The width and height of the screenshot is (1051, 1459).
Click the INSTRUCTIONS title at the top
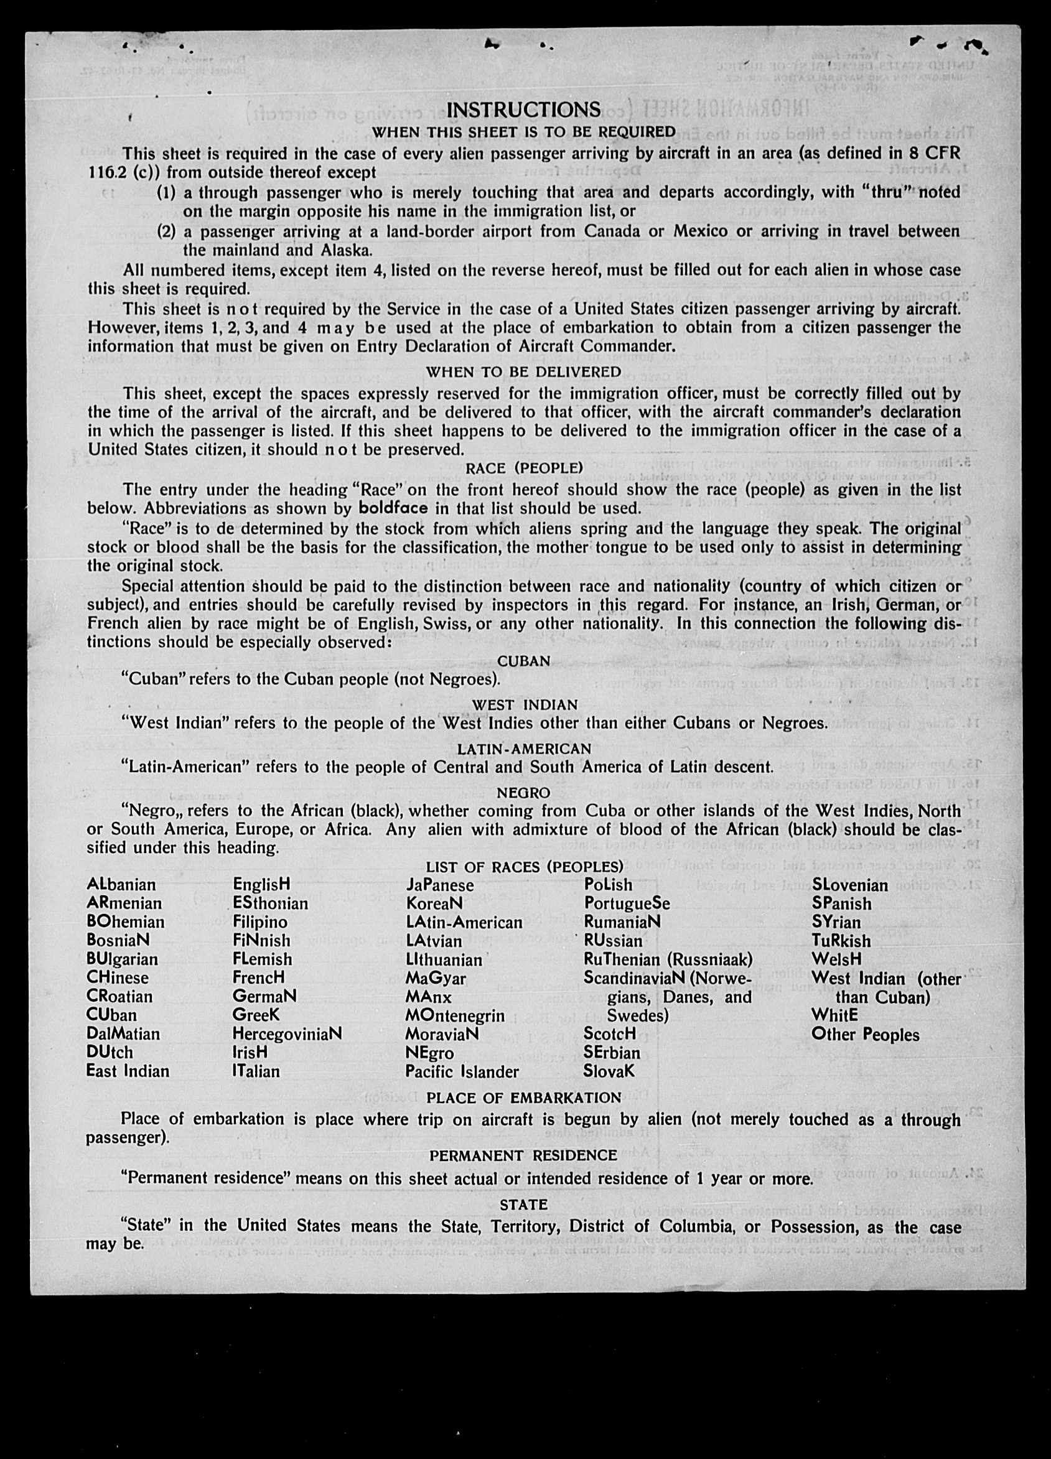523,110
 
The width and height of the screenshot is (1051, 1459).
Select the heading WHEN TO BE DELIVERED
523,372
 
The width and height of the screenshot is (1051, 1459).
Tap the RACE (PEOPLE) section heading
524,468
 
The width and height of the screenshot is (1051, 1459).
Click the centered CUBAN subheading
524,661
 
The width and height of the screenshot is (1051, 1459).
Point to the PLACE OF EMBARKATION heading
523,1098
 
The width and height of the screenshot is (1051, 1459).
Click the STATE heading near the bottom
523,1205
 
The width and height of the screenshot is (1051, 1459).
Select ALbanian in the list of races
121,885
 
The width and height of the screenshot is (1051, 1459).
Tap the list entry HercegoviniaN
287,1034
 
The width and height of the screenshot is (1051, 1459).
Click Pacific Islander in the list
462,1072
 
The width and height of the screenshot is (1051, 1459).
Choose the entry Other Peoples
865,1035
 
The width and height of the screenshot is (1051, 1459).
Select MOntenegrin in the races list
455,1016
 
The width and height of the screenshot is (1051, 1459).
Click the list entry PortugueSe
627,903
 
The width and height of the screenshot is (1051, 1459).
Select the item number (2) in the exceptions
167,231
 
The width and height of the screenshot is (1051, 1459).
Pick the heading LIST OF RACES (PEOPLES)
524,867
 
